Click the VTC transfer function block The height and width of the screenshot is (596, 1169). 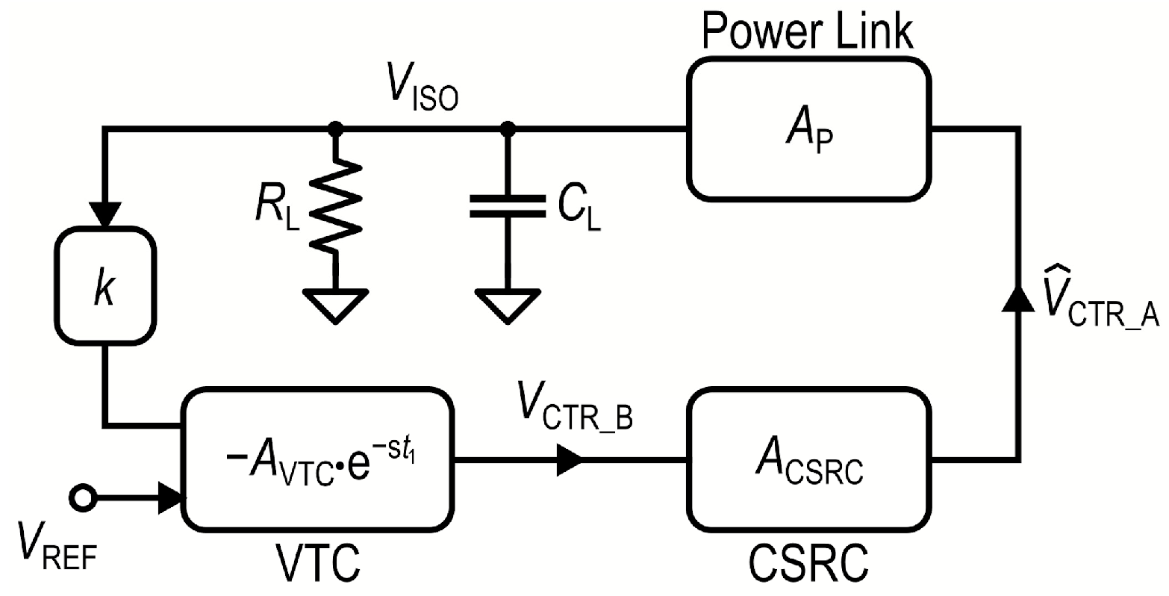(x=317, y=458)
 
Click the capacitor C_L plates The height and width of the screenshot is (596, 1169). (x=508, y=206)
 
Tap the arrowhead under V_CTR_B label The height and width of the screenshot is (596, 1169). (x=569, y=458)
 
